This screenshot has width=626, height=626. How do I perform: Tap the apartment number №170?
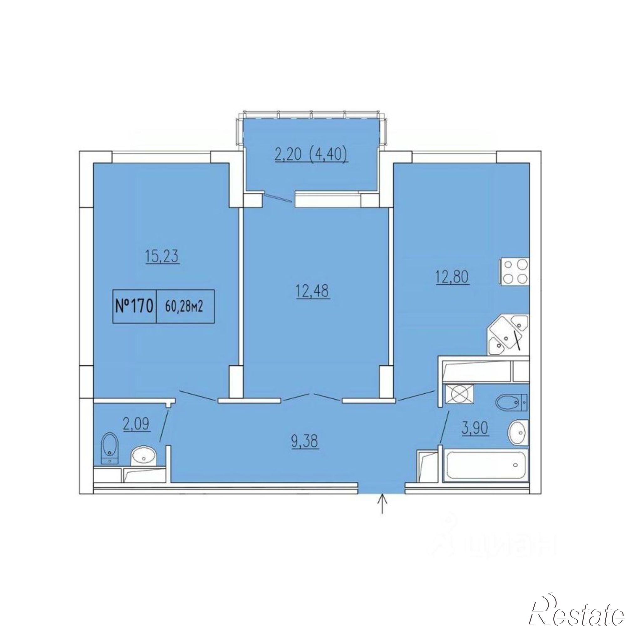(134, 306)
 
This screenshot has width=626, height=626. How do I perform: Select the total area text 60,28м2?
(184, 306)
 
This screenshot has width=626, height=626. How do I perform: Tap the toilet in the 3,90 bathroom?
(512, 403)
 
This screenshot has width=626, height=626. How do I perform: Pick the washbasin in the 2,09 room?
(144, 458)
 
